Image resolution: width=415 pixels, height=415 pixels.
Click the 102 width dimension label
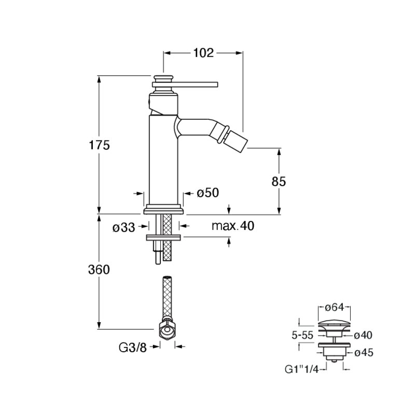tap(203, 53)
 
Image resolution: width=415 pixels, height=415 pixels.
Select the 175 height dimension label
tap(99, 145)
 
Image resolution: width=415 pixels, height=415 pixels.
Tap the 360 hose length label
tap(99, 270)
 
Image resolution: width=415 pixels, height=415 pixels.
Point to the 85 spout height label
tap(279, 182)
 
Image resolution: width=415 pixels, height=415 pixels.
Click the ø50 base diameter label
tap(208, 192)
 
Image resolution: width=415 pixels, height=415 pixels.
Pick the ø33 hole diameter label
tap(123, 227)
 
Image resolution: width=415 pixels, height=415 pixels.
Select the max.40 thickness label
tap(233, 226)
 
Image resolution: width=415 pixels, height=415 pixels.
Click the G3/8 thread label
tap(133, 348)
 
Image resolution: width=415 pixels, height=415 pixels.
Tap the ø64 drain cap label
tap(335, 307)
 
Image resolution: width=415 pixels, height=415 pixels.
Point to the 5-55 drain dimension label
tap(302, 335)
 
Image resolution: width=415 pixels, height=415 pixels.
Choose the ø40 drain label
tap(363, 335)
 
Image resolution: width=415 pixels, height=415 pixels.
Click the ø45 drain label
tap(364, 353)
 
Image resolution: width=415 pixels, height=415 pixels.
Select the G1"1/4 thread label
tap(301, 369)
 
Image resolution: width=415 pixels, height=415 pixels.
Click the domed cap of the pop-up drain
tap(334, 323)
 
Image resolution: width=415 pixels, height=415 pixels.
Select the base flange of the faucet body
tap(164, 209)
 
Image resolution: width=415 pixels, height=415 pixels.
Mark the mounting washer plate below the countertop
tap(163, 238)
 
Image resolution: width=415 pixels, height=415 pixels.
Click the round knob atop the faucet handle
tap(163, 79)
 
